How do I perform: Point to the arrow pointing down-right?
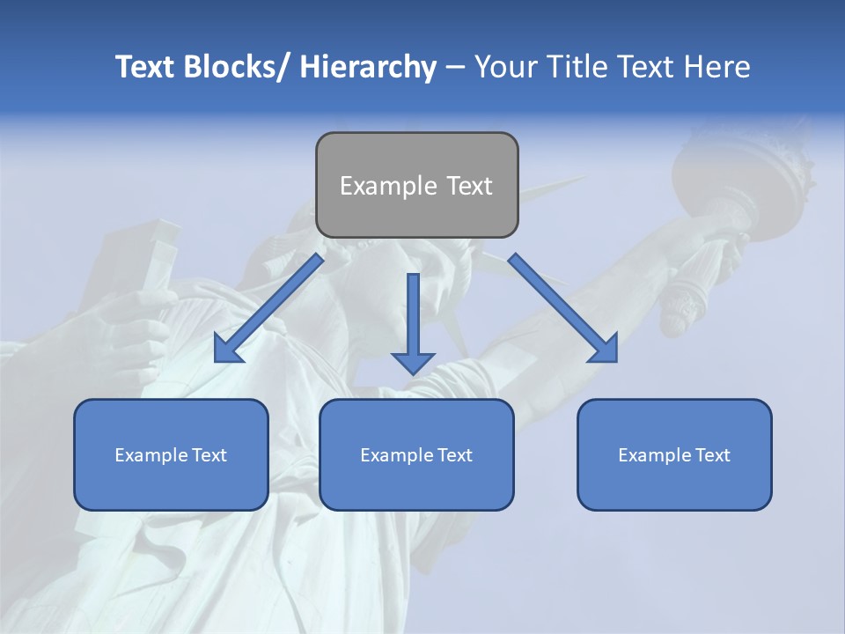coord(563,308)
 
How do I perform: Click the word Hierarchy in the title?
coord(367,67)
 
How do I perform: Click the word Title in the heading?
coord(573,67)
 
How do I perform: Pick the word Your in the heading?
coord(505,67)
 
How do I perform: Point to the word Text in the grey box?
coord(468,186)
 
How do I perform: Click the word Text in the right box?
coord(712,455)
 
